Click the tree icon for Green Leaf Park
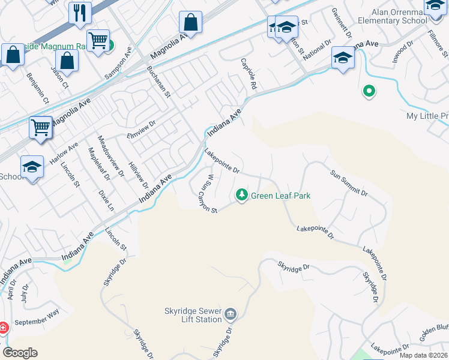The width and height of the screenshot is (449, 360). coord(242,194)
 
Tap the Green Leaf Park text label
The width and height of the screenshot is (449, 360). coord(280,196)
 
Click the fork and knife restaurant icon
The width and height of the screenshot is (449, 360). coord(79,12)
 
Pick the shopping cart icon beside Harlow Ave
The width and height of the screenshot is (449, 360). coord(40,127)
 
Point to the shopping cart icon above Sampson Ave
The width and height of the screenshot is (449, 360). coord(98,40)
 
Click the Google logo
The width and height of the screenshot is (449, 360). coord(20,353)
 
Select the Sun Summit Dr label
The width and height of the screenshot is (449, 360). coord(349,182)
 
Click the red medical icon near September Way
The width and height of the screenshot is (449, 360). coord(2,328)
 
